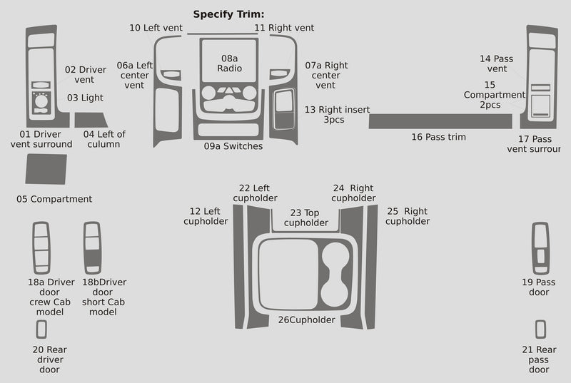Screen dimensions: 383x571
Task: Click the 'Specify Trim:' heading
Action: click(x=228, y=14)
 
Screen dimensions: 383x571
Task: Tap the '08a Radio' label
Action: click(x=229, y=63)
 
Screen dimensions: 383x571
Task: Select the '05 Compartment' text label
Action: click(x=54, y=199)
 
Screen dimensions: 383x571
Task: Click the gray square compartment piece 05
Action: click(x=46, y=170)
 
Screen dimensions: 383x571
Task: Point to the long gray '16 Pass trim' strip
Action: click(x=440, y=121)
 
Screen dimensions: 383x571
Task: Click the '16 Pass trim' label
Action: click(x=438, y=136)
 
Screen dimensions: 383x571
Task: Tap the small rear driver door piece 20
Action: click(x=41, y=329)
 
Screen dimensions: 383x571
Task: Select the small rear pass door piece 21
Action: click(x=540, y=329)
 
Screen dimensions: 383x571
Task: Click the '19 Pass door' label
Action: click(x=538, y=287)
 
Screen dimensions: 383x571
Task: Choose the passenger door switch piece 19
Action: click(x=540, y=247)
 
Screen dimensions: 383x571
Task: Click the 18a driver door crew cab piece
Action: click(x=41, y=247)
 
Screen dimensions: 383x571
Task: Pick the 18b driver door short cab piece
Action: click(x=92, y=247)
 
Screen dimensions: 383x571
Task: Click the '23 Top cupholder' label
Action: click(x=306, y=218)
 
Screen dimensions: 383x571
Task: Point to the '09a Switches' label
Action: click(x=233, y=146)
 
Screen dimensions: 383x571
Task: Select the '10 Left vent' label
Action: click(x=156, y=28)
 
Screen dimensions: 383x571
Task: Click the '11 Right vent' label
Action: click(x=284, y=28)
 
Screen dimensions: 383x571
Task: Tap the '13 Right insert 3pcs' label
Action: click(x=337, y=114)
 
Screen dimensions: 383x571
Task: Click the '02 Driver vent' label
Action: click(x=86, y=74)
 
